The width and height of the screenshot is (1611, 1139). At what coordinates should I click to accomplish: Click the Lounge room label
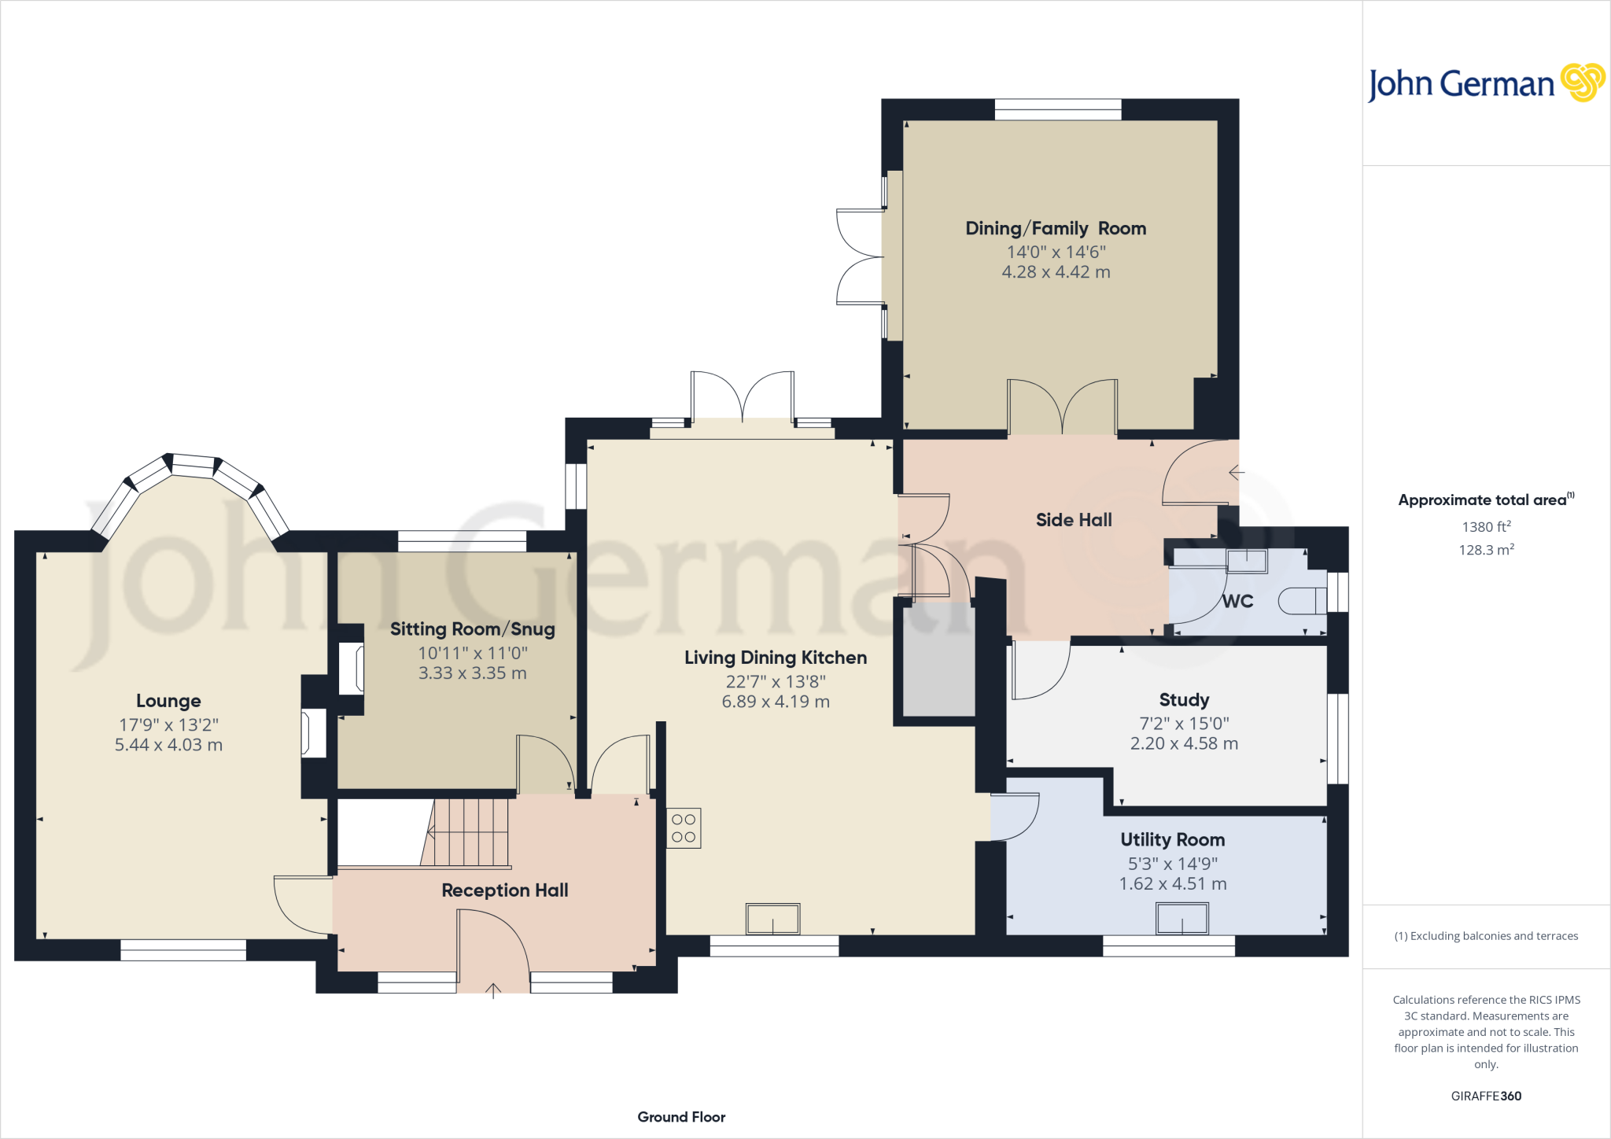click(x=168, y=701)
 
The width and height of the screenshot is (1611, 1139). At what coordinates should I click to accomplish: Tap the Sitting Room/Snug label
click(x=472, y=629)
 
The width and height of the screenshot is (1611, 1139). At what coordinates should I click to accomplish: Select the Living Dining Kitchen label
click(x=775, y=658)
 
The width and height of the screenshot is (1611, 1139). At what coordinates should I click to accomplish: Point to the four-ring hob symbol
click(x=684, y=828)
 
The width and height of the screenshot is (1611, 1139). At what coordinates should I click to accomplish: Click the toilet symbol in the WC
click(x=1303, y=601)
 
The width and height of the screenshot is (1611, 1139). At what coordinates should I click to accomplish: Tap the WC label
click(x=1237, y=602)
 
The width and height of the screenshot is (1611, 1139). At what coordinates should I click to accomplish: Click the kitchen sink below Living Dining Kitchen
click(x=772, y=919)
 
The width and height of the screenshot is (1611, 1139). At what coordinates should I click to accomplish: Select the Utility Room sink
click(x=1182, y=918)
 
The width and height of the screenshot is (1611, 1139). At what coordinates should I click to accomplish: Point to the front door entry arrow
click(x=493, y=990)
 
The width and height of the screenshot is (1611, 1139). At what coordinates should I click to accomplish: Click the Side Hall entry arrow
click(x=1236, y=473)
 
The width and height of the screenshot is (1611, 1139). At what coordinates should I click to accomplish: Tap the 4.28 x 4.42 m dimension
click(x=1056, y=272)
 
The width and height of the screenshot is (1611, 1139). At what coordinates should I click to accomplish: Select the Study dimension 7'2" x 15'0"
click(x=1184, y=724)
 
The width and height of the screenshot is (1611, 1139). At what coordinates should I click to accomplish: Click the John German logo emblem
click(x=1582, y=82)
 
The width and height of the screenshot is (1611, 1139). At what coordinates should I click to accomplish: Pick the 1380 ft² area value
click(x=1486, y=527)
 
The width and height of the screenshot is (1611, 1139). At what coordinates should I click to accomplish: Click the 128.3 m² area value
click(x=1486, y=550)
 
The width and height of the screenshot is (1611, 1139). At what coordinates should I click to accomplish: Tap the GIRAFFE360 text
click(x=1486, y=1096)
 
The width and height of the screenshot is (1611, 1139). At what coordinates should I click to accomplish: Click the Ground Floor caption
click(x=681, y=1117)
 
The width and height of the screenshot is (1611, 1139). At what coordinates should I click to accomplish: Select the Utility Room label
click(x=1172, y=840)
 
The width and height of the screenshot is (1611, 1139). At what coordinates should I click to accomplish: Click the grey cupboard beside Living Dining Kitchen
click(x=938, y=661)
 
